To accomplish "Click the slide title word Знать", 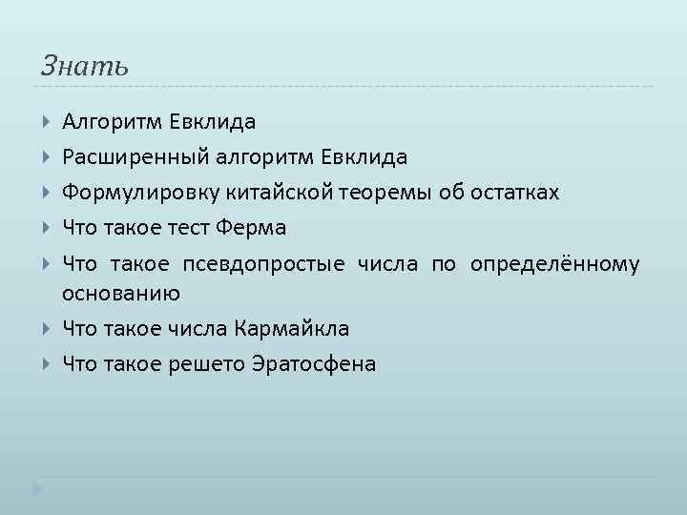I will [x=84, y=67].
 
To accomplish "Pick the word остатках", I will [x=512, y=194].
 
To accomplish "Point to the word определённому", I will [x=554, y=264].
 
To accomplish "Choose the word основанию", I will [x=121, y=294].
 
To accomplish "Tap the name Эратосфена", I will [x=316, y=364].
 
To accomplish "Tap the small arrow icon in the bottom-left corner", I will [x=37, y=489].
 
